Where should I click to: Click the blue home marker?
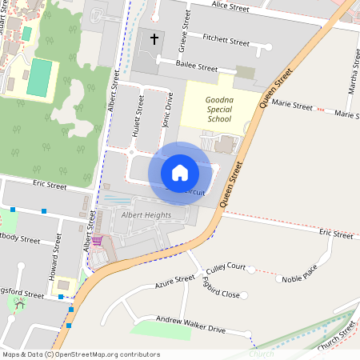[180, 173]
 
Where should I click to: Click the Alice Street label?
[230, 6]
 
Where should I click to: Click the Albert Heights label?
[146, 214]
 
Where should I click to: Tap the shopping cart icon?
[97, 241]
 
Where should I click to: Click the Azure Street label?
[174, 282]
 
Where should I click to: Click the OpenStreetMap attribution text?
[81, 354]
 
